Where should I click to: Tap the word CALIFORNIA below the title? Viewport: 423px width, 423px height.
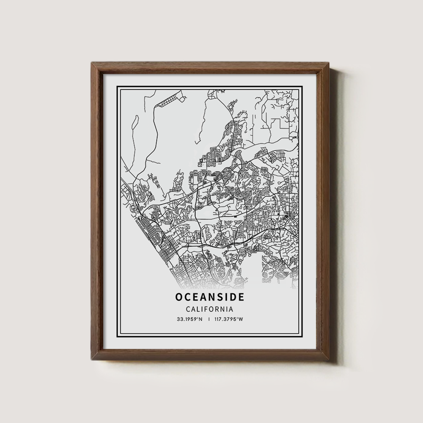(x=210, y=309)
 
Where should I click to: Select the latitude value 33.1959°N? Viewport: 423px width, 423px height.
(x=190, y=319)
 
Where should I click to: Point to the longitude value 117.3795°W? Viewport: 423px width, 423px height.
(x=229, y=319)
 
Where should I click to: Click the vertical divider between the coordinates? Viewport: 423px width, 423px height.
(x=209, y=319)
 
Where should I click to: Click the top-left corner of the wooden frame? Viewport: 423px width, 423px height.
(x=92, y=63)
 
